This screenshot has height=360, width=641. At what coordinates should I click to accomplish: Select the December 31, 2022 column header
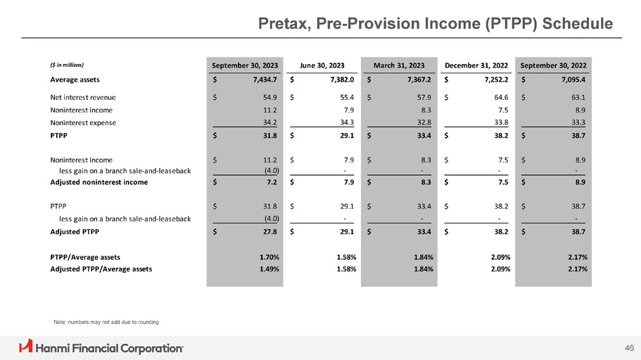point(476,65)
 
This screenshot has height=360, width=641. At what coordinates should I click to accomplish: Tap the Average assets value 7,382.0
point(336,80)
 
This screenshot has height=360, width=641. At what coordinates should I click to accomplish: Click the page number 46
point(628,347)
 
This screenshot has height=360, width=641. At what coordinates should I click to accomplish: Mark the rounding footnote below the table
point(106,322)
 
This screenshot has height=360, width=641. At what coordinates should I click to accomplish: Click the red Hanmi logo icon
point(26,347)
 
